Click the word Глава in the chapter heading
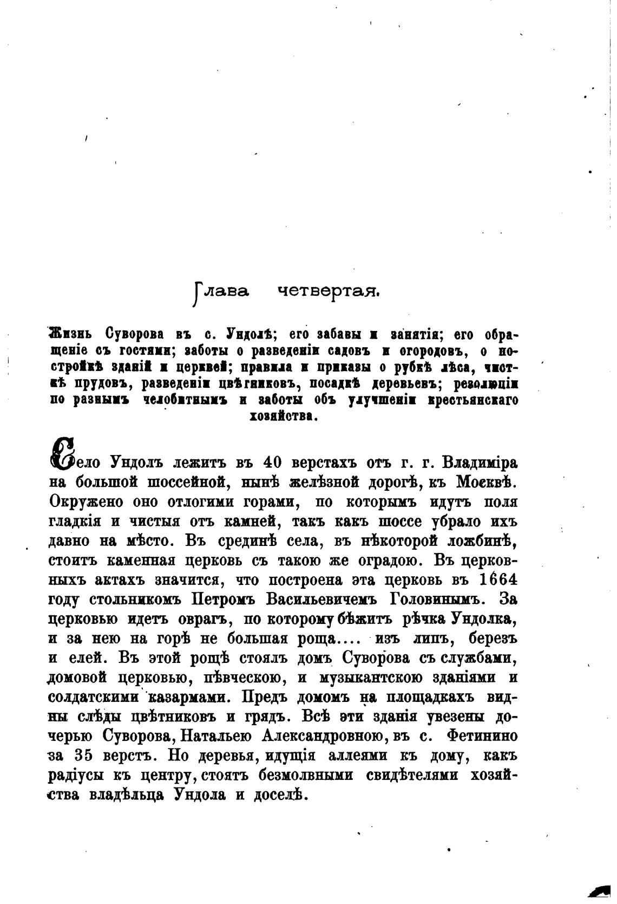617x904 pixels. point(220,292)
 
